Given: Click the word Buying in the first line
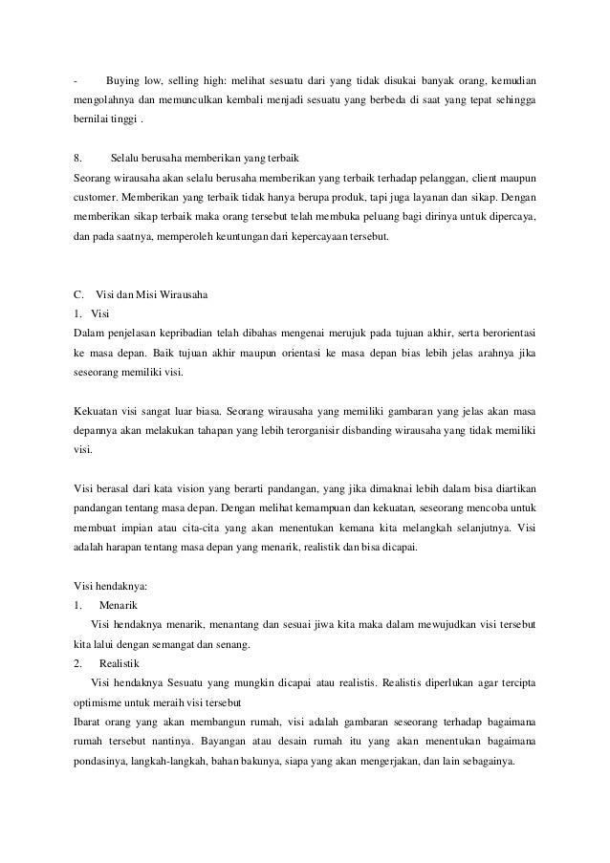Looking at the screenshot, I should pyautogui.click(x=123, y=77).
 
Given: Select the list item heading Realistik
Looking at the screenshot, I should pyautogui.click(x=120, y=661).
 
